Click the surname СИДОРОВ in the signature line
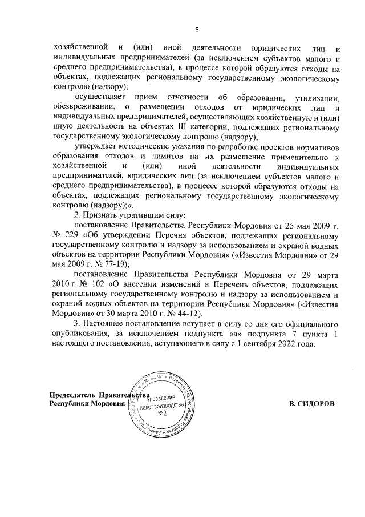pyautogui.click(x=313, y=404)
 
